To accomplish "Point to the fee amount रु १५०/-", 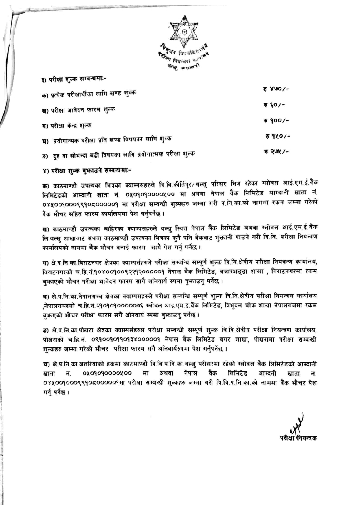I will pos(278,136).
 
